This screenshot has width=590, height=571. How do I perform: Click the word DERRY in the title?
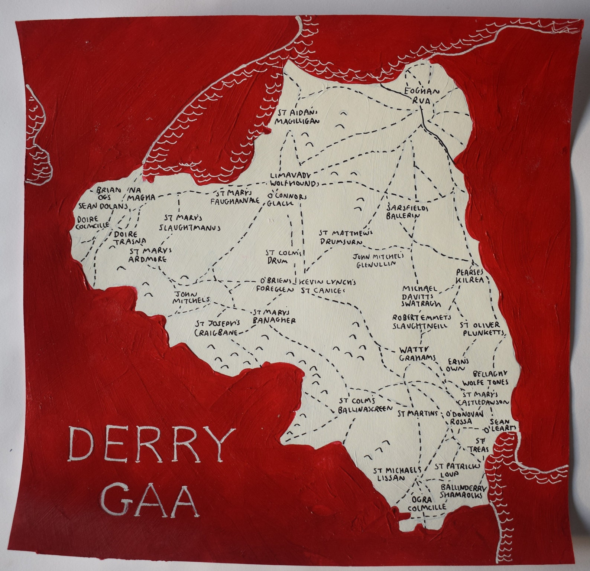coord(152,444)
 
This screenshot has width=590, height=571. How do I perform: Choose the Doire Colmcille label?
coord(93,222)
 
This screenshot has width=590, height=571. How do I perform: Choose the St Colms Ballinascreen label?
coord(365,405)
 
